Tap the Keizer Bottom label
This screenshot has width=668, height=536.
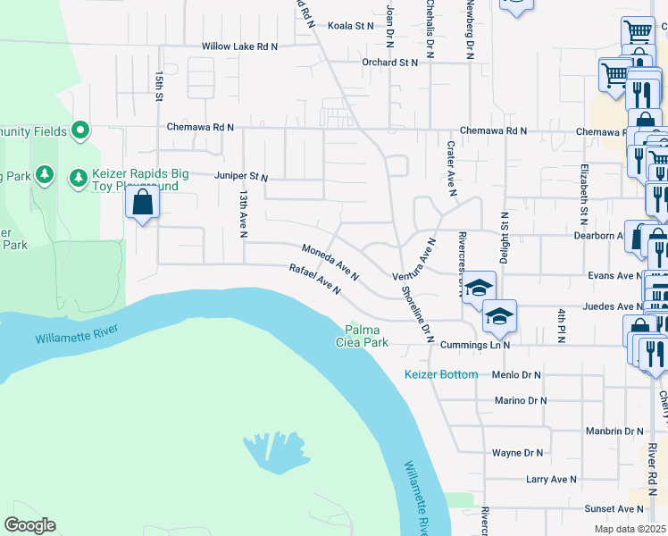tap(441, 374)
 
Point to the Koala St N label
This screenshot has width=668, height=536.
tap(351, 26)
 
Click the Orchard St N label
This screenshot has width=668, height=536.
tap(390, 63)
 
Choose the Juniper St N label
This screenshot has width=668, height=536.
tap(241, 177)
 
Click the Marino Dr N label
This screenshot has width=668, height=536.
tap(521, 401)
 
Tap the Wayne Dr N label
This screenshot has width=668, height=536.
tap(518, 453)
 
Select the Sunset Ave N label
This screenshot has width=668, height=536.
tap(614, 508)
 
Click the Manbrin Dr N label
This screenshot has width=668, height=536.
tap(614, 431)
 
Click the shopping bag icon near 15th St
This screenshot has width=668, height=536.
tap(143, 204)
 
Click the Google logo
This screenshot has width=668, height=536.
tap(29, 525)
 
